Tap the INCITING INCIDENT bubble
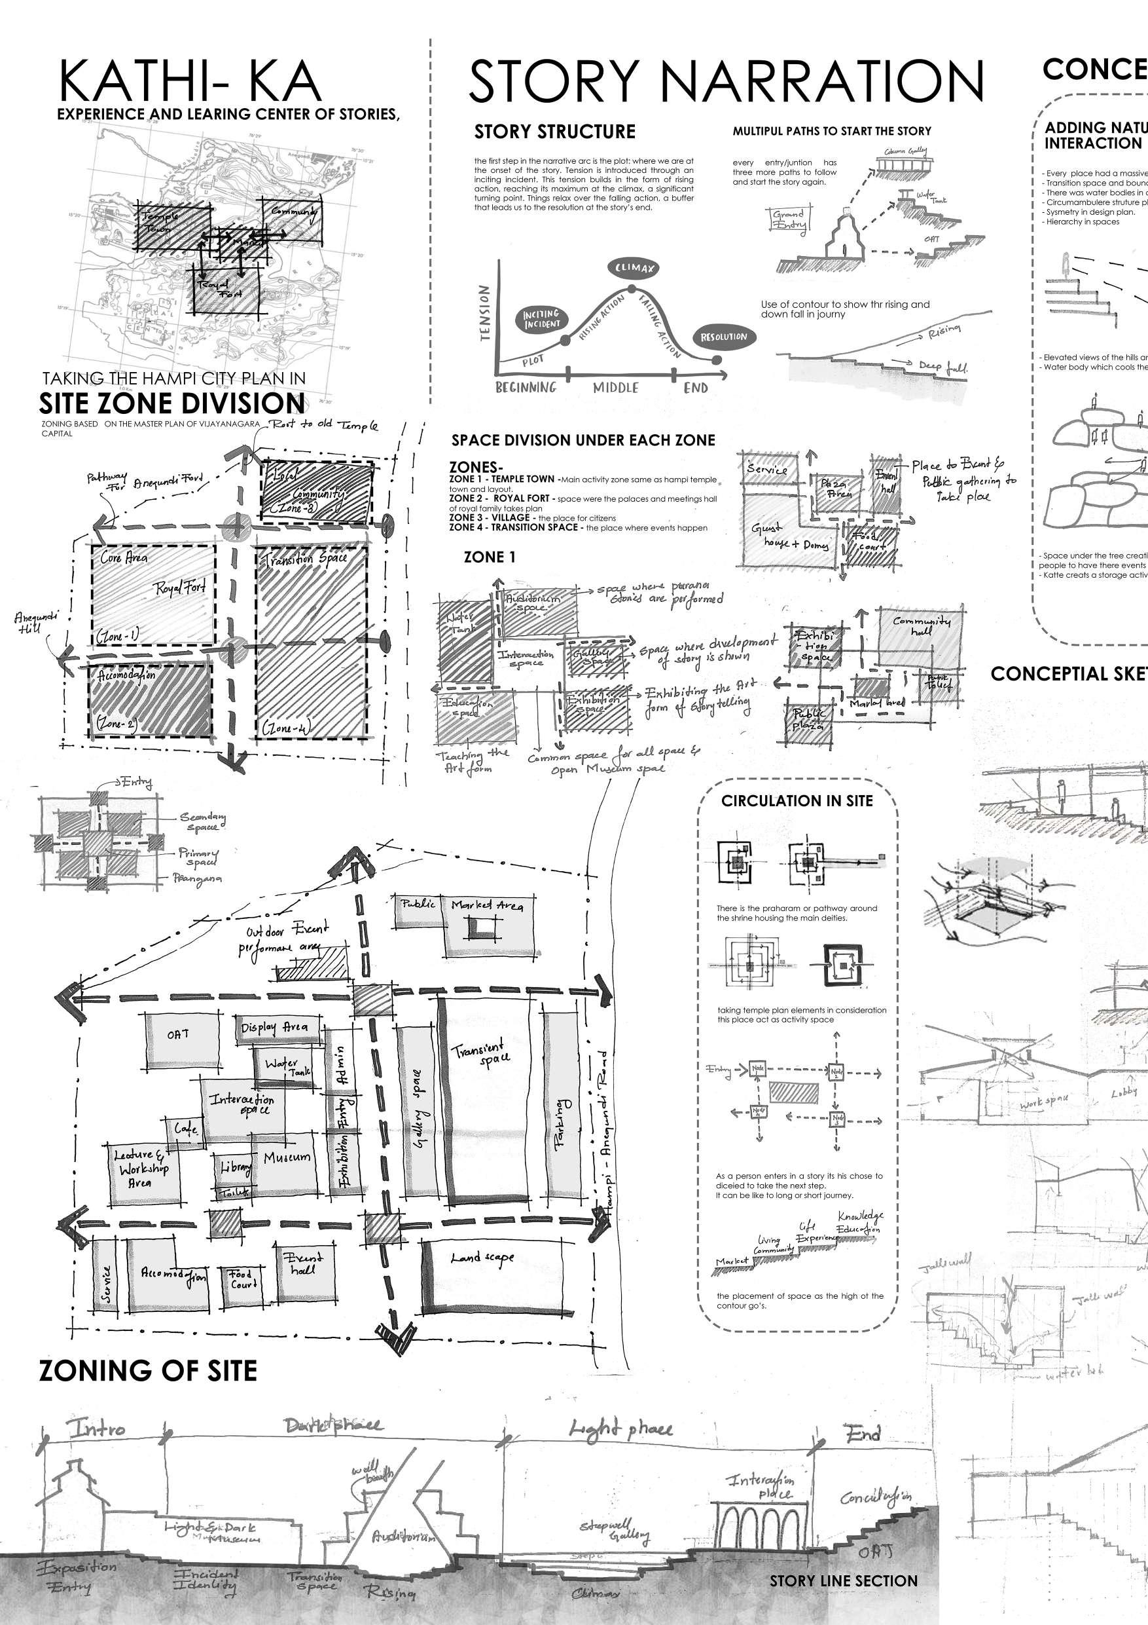[542, 319]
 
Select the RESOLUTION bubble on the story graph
[724, 337]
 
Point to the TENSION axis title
[484, 313]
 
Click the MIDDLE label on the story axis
[615, 388]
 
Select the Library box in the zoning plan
[235, 1168]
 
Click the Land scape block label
[482, 1258]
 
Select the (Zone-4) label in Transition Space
[283, 727]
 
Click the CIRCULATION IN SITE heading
[797, 801]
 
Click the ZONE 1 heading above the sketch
[490, 557]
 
